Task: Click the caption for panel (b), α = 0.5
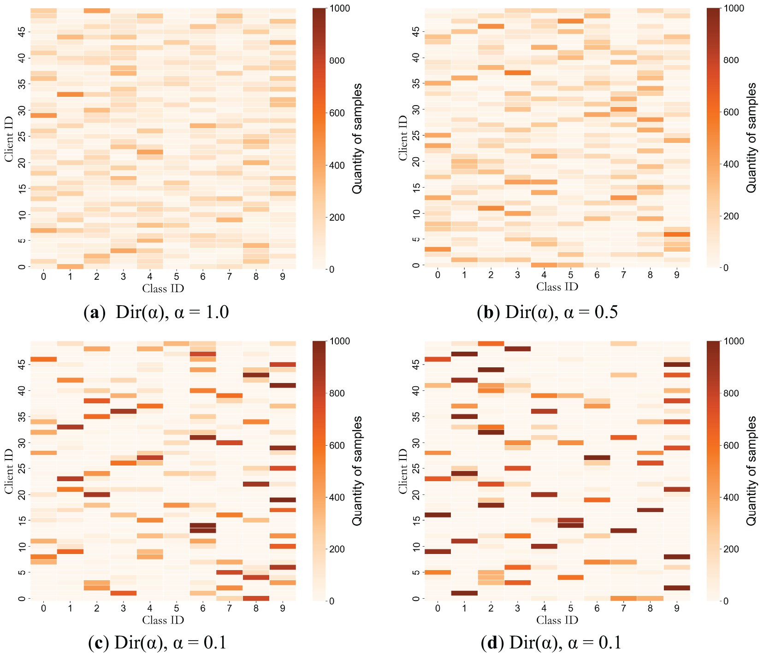547,312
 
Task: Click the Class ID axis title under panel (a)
163,289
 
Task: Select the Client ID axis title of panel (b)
403,138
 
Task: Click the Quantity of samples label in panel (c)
357,471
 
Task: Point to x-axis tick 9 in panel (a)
283,277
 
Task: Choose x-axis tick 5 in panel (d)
570,608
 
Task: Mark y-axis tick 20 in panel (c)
22,495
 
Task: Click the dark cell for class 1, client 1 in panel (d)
464,593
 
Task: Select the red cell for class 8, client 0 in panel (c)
256,598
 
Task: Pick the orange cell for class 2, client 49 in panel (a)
97,11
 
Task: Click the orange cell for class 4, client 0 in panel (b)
544,265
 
